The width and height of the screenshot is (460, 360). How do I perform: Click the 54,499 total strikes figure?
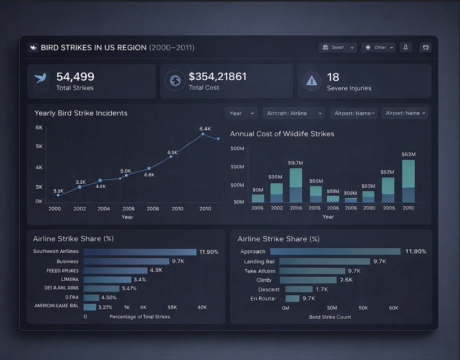tap(75, 77)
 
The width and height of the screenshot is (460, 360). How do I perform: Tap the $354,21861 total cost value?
tap(217, 76)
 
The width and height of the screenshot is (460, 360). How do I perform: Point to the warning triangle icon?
tap(311, 81)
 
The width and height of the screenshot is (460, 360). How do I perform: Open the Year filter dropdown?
tap(241, 113)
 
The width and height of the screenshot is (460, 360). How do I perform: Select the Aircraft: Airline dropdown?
tap(293, 113)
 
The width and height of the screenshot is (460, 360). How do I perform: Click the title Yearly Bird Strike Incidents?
tap(81, 113)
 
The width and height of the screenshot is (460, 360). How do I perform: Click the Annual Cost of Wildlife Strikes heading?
tap(282, 134)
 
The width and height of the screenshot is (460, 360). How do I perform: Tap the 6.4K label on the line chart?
tap(205, 129)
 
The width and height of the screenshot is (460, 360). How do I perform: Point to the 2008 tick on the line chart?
tap(153, 208)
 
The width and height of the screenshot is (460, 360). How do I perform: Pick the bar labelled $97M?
tap(295, 185)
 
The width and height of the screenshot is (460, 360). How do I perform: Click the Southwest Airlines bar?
tap(140, 252)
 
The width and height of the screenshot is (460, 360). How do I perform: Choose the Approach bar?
tap(335, 252)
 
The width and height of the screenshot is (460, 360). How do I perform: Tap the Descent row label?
tap(269, 289)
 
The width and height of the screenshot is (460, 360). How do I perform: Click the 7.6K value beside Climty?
tap(346, 280)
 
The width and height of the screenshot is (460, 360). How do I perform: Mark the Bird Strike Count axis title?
tap(330, 317)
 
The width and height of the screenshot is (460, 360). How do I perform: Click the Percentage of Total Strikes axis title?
tap(140, 317)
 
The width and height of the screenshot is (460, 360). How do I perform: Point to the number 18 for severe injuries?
tap(333, 77)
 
